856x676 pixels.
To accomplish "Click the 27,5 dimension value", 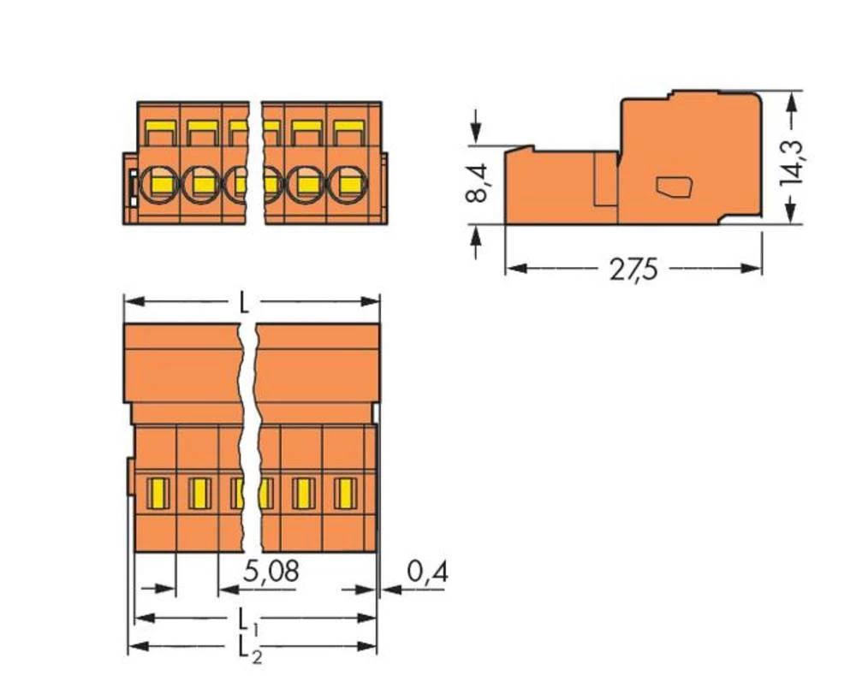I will (633, 270).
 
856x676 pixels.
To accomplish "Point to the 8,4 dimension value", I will (477, 182).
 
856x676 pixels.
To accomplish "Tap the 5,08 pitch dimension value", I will (270, 572).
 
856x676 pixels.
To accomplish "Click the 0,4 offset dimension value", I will (427, 572).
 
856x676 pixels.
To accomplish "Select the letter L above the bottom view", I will (245, 303).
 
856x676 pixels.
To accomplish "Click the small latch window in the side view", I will (675, 186).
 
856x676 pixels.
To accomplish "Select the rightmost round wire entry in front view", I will (347, 183).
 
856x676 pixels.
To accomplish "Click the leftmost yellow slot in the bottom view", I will (158, 493).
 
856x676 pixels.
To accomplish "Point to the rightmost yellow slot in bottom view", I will (345, 493).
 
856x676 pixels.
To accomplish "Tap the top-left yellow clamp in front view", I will (159, 133).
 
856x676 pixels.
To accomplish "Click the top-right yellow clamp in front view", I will (348, 133).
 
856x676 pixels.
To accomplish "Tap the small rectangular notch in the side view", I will (605, 180).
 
